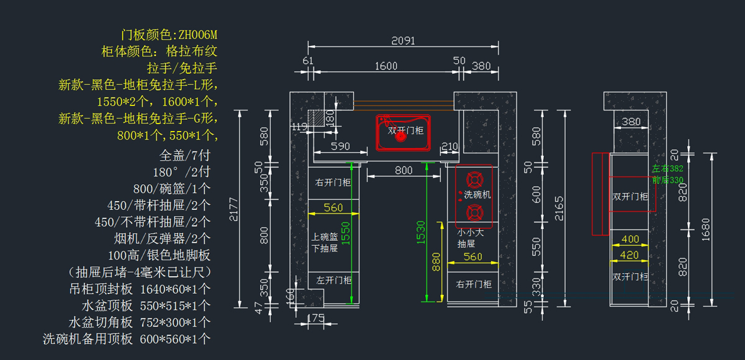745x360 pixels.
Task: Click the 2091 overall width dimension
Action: [403, 41]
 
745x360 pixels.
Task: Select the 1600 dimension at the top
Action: [386, 66]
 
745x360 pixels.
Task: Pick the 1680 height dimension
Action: [706, 228]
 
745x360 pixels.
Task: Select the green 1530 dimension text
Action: [422, 232]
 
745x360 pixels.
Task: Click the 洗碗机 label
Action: [477, 195]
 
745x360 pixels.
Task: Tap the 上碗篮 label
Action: [325, 236]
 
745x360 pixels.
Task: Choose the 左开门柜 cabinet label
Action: [333, 280]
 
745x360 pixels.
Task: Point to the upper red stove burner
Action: [474, 181]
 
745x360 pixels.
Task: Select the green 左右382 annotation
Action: [667, 169]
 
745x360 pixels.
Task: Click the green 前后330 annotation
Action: [667, 180]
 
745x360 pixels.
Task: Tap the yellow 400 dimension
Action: [630, 239]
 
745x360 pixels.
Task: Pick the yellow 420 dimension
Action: [630, 254]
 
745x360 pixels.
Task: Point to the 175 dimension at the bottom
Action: [316, 318]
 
